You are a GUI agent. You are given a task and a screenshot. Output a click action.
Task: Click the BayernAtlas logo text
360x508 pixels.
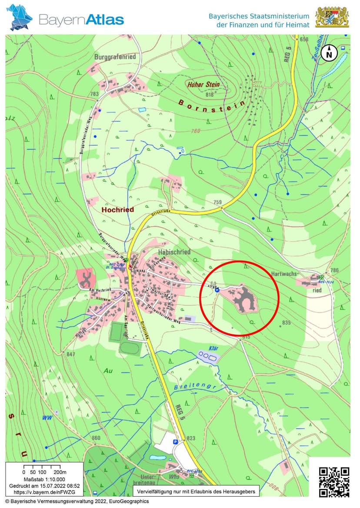click(81, 20)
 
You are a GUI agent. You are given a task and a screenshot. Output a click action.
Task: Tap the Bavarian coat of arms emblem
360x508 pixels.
click(332, 17)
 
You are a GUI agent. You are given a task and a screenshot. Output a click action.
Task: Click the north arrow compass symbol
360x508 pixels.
click(329, 53)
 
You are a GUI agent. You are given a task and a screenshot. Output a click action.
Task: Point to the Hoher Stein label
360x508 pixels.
click(203, 84)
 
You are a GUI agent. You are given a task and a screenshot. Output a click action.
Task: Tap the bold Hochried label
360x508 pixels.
click(117, 209)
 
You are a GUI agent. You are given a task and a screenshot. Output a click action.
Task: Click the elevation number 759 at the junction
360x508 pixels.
click(217, 202)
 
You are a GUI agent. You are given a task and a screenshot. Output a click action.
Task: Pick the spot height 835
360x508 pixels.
click(286, 322)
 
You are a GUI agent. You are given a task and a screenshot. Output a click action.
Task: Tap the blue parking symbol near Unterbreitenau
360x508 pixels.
click(176, 441)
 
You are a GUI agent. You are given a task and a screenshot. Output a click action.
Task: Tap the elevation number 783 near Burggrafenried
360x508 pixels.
click(94, 94)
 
